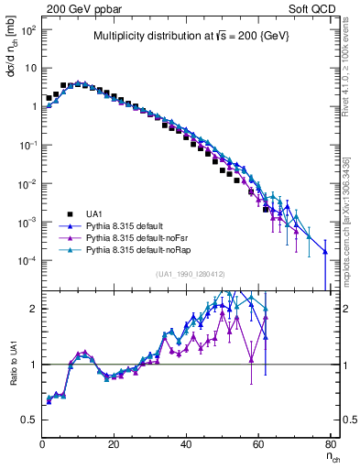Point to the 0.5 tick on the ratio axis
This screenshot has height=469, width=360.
pyautogui.click(x=29, y=420)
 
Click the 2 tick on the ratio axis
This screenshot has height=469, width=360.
pyautogui.click(x=33, y=309)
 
